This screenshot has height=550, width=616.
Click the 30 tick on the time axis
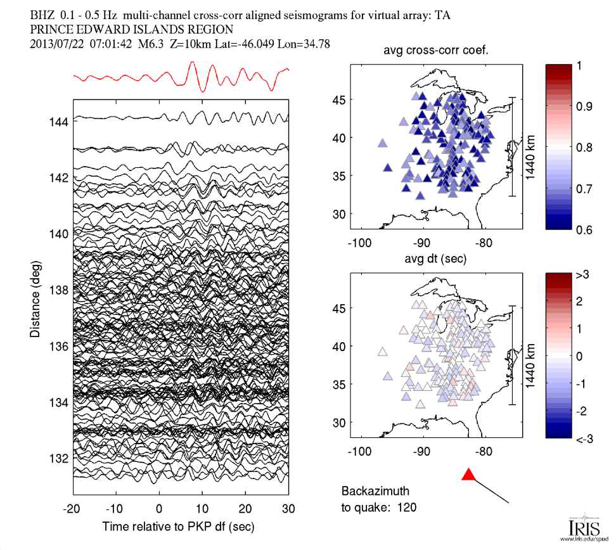pyautogui.click(x=288, y=509)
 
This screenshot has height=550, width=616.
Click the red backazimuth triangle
pyautogui.click(x=468, y=475)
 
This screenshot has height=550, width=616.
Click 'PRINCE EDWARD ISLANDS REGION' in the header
pyautogui.click(x=131, y=29)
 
